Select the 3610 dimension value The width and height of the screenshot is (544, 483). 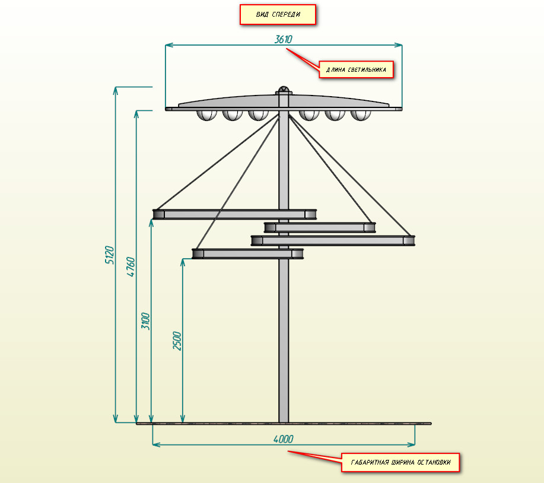pyautogui.click(x=284, y=39)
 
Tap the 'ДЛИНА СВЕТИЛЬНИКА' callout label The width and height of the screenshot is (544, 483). pyautogui.click(x=356, y=69)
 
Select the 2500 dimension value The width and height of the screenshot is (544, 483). pyautogui.click(x=177, y=340)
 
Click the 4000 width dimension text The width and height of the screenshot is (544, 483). pyautogui.click(x=283, y=439)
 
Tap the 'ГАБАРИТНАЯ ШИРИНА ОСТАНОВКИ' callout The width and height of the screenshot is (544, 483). pyautogui.click(x=400, y=462)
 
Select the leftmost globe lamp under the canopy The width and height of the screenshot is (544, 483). pyautogui.click(x=206, y=115)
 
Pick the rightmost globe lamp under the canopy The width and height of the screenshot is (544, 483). pyautogui.click(x=360, y=115)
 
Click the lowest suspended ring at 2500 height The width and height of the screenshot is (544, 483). pyautogui.click(x=248, y=254)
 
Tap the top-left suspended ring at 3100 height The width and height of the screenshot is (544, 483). pyautogui.click(x=234, y=214)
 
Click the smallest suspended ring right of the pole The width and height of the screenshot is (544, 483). pyautogui.click(x=320, y=227)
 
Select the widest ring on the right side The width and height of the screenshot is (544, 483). pyautogui.click(x=333, y=240)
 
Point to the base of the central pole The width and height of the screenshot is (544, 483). pyautogui.click(x=284, y=418)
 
